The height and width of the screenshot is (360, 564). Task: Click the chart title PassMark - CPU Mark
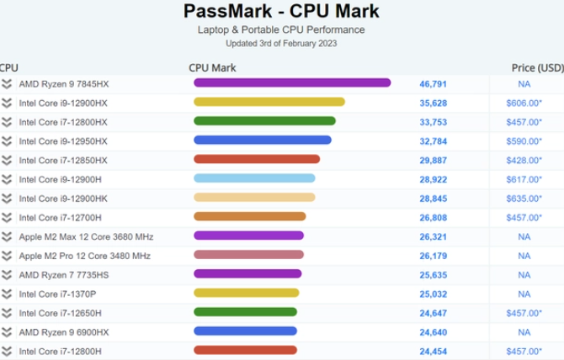click(281, 12)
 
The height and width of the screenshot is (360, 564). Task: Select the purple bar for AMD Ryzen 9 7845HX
click(292, 82)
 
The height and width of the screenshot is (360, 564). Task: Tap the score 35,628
click(433, 103)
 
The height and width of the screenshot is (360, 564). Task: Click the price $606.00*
click(524, 103)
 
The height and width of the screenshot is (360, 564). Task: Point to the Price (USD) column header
click(537, 67)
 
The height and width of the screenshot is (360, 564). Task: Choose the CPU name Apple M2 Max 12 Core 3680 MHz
click(86, 236)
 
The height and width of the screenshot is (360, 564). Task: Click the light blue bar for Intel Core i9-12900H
click(254, 178)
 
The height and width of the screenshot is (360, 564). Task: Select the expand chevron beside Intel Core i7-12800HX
click(7, 122)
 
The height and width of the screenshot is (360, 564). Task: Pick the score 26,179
click(433, 256)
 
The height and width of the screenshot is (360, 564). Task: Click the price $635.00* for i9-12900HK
click(524, 199)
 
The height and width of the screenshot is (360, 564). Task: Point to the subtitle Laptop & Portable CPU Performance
click(281, 30)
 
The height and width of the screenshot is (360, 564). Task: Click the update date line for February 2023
click(281, 43)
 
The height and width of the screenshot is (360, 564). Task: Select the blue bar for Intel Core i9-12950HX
click(262, 140)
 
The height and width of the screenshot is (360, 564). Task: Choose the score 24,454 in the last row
click(433, 351)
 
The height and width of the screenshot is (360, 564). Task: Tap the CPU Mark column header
click(212, 67)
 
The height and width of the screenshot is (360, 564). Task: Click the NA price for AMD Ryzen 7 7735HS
click(524, 274)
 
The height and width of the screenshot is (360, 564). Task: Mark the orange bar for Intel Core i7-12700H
click(249, 217)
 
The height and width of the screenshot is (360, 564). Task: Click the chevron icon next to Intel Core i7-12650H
click(7, 313)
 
